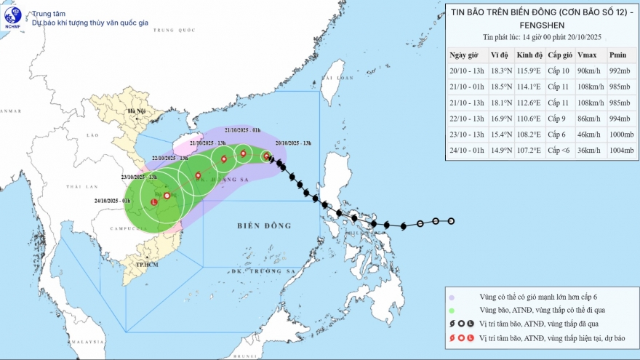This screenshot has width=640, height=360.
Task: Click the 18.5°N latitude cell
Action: pos(500,87)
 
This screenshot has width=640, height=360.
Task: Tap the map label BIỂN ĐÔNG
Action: pos(263,225)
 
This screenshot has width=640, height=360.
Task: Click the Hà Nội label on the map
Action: pos(137,111)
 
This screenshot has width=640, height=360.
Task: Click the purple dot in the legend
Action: pos(452,297)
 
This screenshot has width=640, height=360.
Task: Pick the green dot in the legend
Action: pos(452,311)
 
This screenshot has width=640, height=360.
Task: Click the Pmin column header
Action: pos(617,55)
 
